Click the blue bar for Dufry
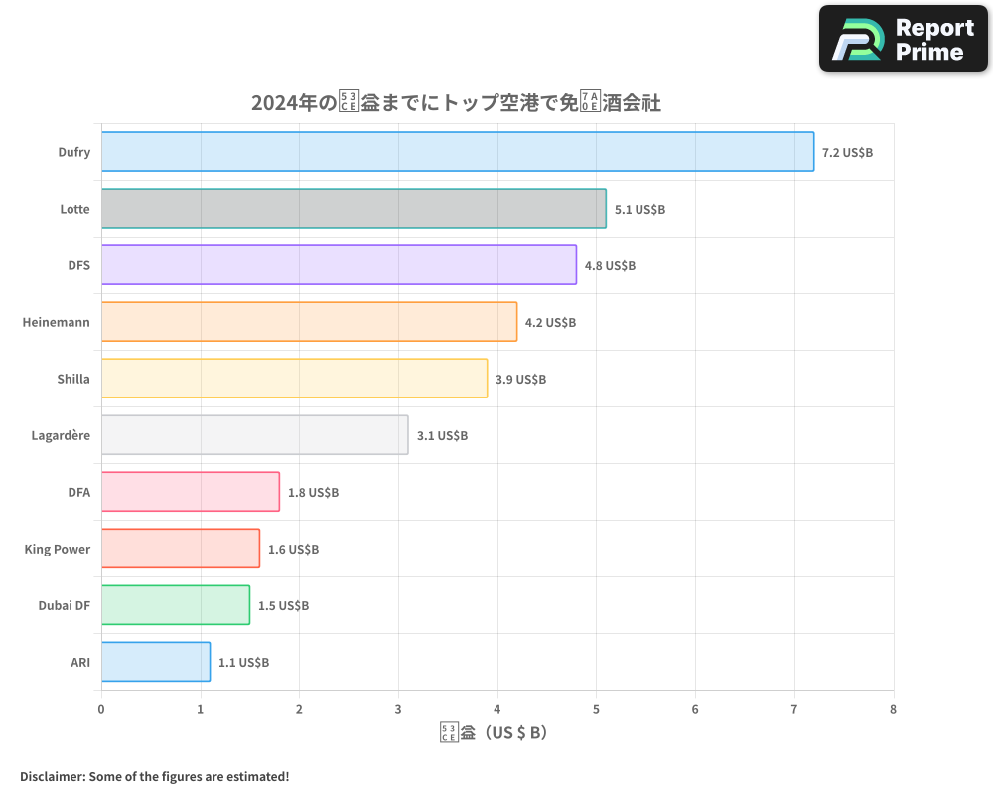[x=457, y=152]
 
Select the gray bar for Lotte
[x=354, y=209]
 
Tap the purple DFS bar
[x=339, y=265]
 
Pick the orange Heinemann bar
[x=309, y=322]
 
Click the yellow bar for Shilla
[x=294, y=379]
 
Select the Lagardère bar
[x=254, y=435]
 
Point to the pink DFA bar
[x=190, y=492]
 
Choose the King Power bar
[x=180, y=549]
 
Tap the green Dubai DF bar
[x=175, y=605]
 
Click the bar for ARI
[x=155, y=662]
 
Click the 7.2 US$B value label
[x=847, y=152]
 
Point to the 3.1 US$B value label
[x=442, y=435]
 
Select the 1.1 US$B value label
[x=243, y=662]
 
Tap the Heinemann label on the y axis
[x=56, y=322]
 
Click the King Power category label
[x=57, y=549]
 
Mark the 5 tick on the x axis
[x=596, y=709]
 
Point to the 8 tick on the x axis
[x=893, y=709]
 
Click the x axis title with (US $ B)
[x=494, y=733]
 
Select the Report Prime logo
[x=903, y=39]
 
